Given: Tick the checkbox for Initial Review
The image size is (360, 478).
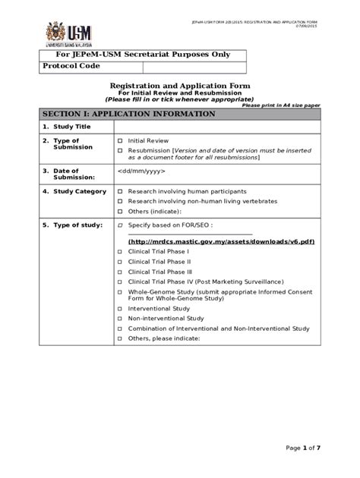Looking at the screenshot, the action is point(120,141).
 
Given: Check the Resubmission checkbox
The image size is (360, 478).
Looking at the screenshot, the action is point(120,151).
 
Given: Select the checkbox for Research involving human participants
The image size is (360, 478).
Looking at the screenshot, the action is point(120,191).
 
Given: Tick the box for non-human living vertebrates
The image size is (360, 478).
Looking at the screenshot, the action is point(120,201).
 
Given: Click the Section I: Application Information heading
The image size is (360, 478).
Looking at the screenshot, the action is point(129,114).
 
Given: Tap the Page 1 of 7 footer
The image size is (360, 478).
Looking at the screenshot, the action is point(304,448).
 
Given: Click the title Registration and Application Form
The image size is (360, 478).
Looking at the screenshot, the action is point(181,86).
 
